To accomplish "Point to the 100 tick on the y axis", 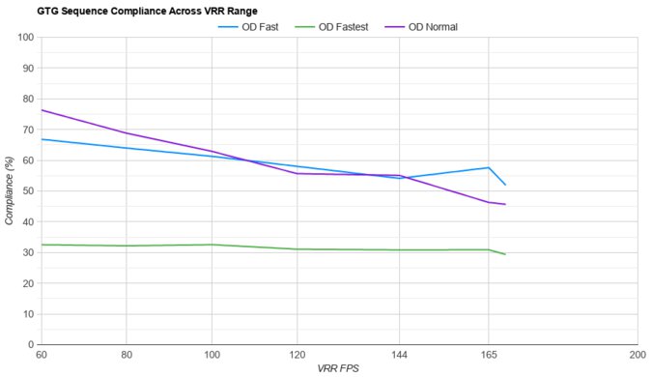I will pos(26,38).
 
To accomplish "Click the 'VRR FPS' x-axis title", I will pos(338,369).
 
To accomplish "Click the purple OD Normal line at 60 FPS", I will pos(41,110).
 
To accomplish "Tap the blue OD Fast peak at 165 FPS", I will pos(489,167).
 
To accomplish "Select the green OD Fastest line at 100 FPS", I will pos(212,245).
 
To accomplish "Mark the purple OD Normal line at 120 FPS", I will pos(297,173).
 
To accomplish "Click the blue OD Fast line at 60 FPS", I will pos(41,139).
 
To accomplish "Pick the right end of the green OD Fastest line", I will pos(505,254).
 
